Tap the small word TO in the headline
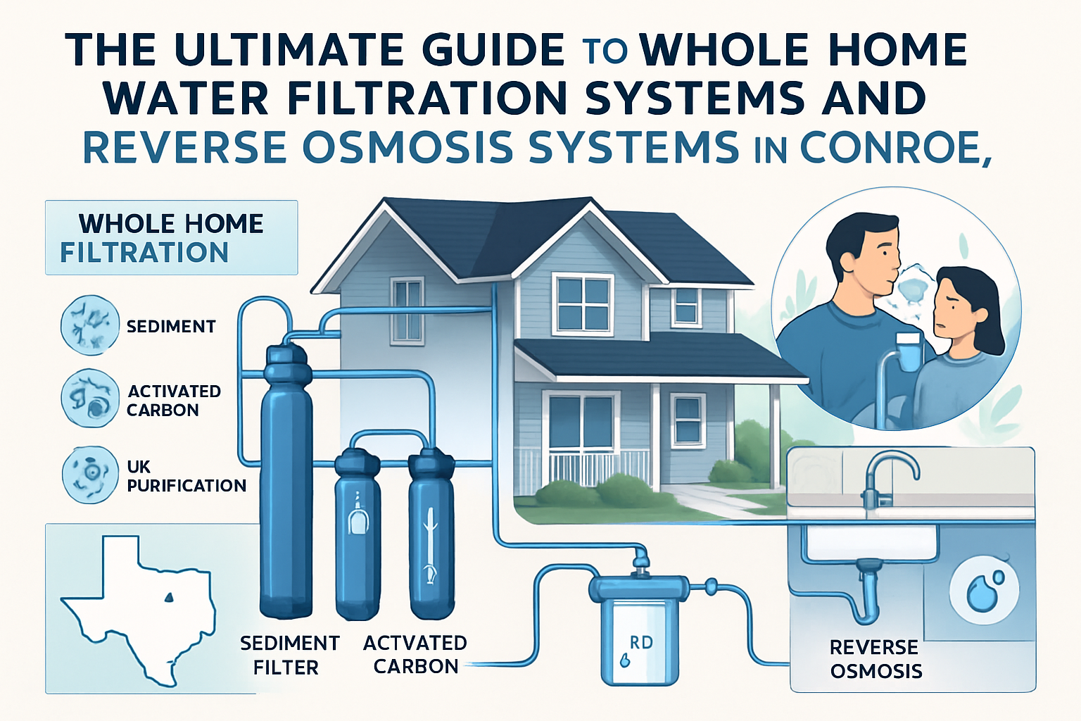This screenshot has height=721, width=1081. click(x=605, y=51)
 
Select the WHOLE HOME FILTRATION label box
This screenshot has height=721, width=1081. click(x=171, y=237)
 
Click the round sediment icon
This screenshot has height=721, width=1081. click(x=90, y=325)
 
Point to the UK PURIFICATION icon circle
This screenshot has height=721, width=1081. click(x=90, y=475)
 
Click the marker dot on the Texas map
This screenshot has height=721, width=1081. click(x=168, y=598)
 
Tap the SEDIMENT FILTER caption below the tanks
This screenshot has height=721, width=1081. click(x=289, y=656)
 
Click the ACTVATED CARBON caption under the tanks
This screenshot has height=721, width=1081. click(x=415, y=654)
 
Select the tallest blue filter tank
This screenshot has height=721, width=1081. click(x=286, y=480)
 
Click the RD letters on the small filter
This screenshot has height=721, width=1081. click(x=641, y=642)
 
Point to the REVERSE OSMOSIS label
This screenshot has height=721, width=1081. click(x=875, y=659)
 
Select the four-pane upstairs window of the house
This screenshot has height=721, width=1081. click(x=583, y=304)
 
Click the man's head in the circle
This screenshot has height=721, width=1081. click(x=864, y=256)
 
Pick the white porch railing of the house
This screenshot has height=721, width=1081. click(x=598, y=468)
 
